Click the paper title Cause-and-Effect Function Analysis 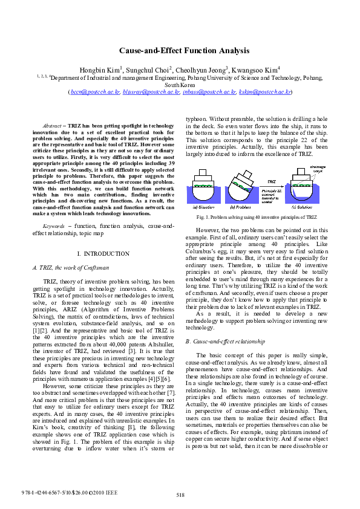(180, 53)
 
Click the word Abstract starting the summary (54, 125)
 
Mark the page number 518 (180, 495)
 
